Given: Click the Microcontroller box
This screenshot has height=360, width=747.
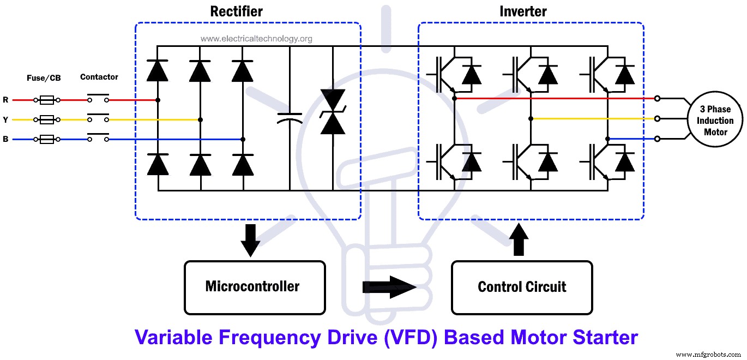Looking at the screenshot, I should point(255,287).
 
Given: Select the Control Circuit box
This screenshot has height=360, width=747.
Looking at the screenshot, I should point(522,287).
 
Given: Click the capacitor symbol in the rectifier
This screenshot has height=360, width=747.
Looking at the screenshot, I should point(290,118).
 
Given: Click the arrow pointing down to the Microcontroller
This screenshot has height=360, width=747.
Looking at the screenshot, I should point(250,240).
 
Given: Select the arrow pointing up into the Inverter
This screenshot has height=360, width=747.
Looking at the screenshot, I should point(518,239).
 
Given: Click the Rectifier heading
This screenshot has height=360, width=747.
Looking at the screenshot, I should point(237,11).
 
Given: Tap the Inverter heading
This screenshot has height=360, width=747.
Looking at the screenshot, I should point(523,11).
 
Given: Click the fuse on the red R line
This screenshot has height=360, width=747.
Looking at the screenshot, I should point(47,100).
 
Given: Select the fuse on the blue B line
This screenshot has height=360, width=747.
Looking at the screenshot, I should point(47,140).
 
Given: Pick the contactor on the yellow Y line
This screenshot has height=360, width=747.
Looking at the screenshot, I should point(98,119).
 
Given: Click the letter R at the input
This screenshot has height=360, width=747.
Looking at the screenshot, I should point(5,100).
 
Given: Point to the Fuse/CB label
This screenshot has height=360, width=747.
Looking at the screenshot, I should point(44,78).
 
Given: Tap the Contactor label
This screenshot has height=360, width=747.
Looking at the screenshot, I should point(99,77).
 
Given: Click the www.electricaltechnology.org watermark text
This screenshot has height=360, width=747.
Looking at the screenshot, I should point(256,39).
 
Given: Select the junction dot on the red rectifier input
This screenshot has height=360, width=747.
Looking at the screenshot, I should point(158,100).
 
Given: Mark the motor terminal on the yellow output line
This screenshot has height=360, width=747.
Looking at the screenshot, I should point(658,118).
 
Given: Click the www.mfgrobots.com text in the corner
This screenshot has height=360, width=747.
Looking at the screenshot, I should point(710,355).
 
